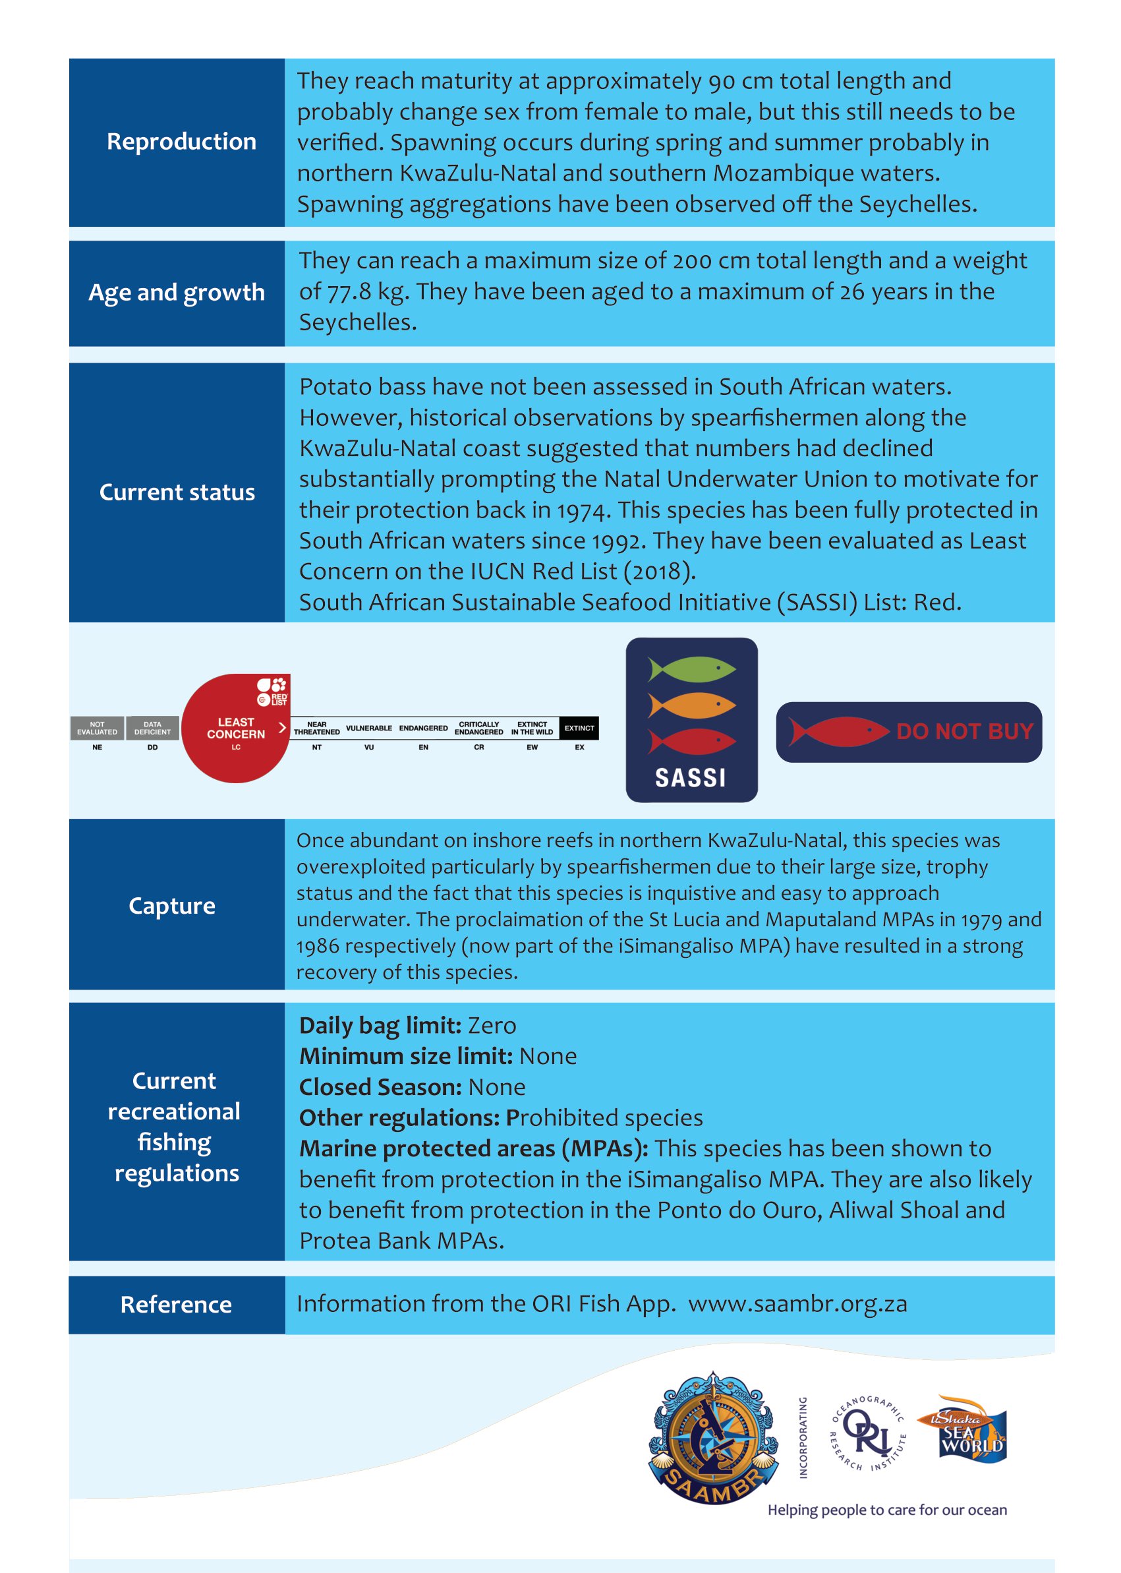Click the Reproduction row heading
(181, 142)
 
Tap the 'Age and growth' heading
(177, 293)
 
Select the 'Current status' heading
(177, 492)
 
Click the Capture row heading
(172, 905)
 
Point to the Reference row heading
(176, 1305)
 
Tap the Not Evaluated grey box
(98, 728)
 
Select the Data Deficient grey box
(152, 728)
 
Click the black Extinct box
(579, 728)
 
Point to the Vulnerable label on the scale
(368, 728)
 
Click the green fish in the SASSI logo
(692, 668)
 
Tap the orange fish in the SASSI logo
(692, 705)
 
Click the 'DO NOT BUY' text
(964, 731)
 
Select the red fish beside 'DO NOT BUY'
(838, 731)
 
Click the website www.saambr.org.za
(797, 1304)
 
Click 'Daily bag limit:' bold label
(379, 1025)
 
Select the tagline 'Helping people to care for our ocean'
(887, 1510)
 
